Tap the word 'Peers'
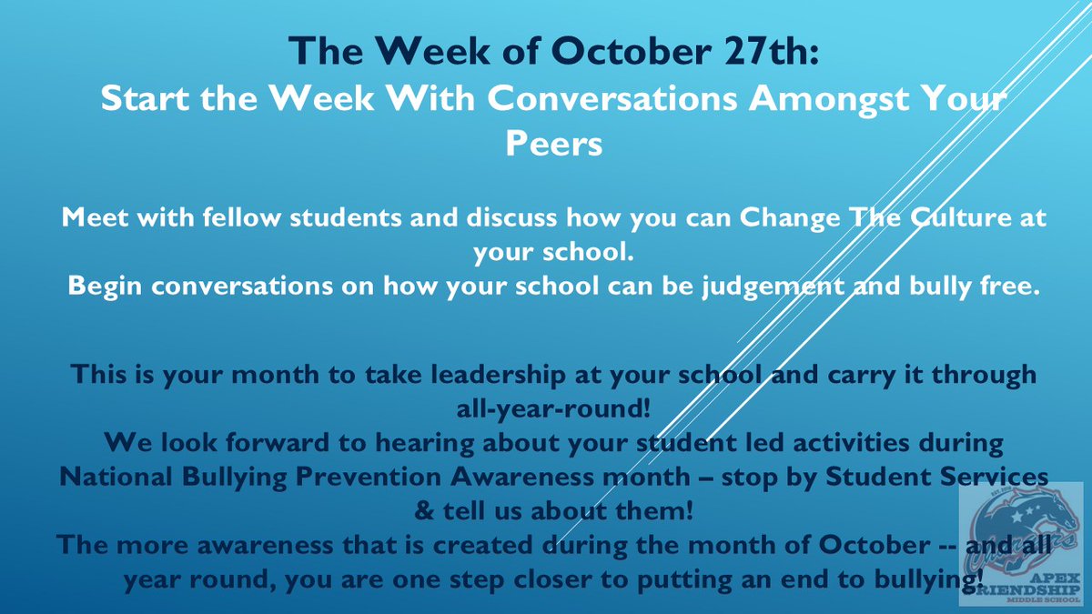pos(555,144)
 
